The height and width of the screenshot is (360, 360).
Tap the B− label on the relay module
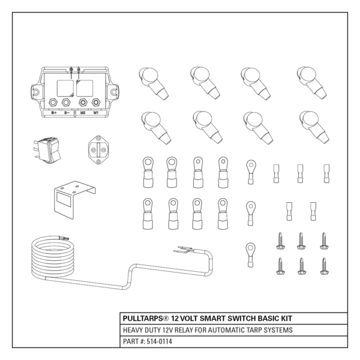67,112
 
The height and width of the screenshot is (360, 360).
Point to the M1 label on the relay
96,112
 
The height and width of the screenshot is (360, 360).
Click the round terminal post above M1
97,102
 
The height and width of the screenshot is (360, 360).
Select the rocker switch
47,149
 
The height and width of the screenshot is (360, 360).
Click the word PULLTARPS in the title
146,318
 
